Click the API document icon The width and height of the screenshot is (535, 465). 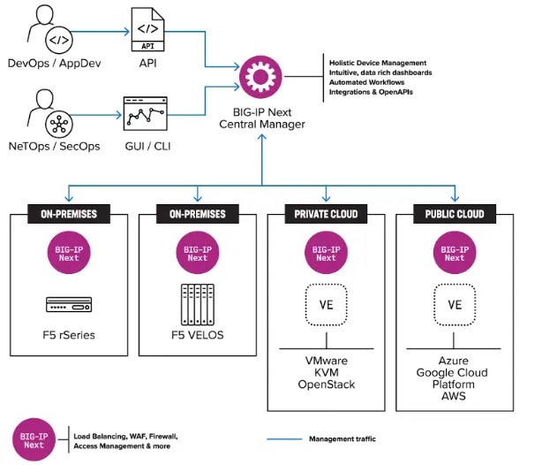147,29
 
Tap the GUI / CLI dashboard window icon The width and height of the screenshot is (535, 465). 146,114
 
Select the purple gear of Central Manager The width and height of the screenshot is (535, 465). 260,77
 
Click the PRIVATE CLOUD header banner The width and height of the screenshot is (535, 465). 326,214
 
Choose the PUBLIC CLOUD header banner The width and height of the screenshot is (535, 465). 455,214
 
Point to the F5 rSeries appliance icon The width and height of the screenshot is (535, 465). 69,304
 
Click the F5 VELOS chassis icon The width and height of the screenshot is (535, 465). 198,304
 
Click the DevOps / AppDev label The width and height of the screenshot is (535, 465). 54,63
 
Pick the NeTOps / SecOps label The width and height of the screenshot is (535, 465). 54,146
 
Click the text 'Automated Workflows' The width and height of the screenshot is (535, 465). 366,82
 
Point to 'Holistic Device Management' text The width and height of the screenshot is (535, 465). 378,63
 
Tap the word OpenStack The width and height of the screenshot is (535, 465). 327,385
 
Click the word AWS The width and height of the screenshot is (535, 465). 454,396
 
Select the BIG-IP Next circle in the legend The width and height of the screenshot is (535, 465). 34,439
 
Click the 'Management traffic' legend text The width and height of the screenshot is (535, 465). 343,438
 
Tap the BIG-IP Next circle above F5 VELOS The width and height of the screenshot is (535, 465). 198,253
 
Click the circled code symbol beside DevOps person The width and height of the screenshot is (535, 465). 59,40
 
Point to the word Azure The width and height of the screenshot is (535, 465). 454,361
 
